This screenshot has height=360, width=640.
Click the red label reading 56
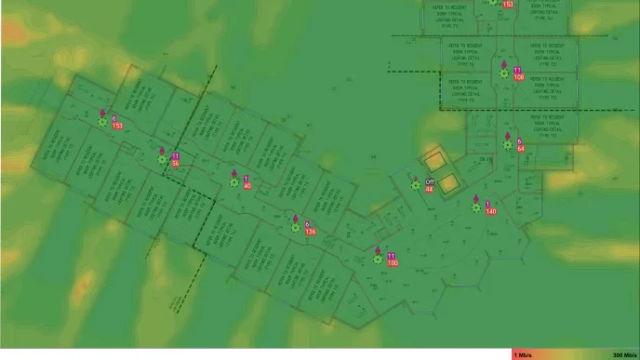click(175, 164)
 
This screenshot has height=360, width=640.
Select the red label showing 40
click(247, 186)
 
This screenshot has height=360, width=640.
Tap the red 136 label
click(311, 231)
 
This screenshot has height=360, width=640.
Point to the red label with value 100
click(393, 263)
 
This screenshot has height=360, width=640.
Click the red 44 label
click(430, 189)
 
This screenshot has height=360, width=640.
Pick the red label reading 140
click(491, 212)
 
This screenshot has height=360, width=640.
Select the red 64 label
click(521, 149)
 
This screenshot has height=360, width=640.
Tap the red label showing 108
click(518, 77)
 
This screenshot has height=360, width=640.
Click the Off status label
click(430, 181)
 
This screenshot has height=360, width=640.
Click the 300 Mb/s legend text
click(624, 355)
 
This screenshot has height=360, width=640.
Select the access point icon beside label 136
click(296, 226)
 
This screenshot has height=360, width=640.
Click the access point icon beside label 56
click(163, 159)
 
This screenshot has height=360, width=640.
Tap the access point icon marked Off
click(416, 185)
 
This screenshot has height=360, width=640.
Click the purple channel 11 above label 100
click(392, 256)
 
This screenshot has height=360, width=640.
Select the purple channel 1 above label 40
click(246, 179)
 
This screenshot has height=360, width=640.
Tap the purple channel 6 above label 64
click(519, 141)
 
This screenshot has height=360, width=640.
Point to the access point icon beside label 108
click(504, 73)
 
